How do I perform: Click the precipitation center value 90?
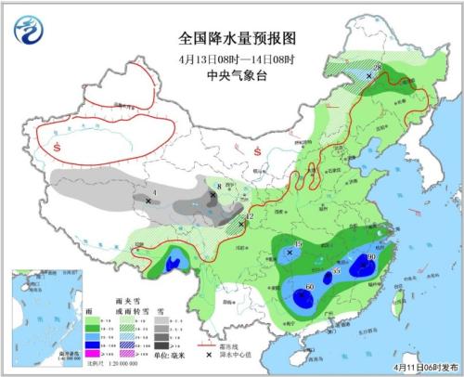371,256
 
